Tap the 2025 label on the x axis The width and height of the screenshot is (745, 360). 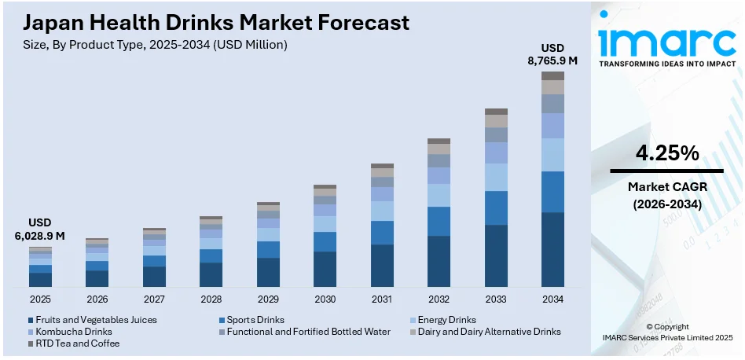point(40,299)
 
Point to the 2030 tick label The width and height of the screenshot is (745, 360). point(325,299)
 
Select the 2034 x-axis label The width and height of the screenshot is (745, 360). point(552,299)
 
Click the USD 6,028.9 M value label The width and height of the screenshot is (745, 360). point(39,229)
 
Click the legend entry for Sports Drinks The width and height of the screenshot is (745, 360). point(253,320)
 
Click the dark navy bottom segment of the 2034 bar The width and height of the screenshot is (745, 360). point(552,249)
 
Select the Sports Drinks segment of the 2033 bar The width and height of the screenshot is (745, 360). point(496,208)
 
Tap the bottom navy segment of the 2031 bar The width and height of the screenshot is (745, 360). point(382,265)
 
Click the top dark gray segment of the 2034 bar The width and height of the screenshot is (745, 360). point(552,75)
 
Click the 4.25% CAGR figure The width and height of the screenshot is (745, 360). point(666,154)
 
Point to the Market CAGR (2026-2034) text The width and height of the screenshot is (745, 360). point(666,195)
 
